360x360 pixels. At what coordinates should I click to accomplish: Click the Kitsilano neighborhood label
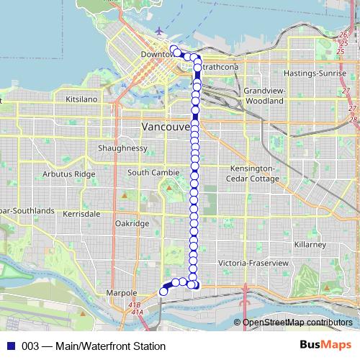point(81,99)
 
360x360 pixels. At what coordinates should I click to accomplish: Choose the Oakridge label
point(132,224)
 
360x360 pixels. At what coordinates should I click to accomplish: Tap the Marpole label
point(121,294)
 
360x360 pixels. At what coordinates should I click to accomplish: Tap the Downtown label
point(157,55)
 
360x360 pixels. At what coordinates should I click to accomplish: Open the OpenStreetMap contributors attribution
point(297,323)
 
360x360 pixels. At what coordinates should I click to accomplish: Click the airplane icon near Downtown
point(158,31)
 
